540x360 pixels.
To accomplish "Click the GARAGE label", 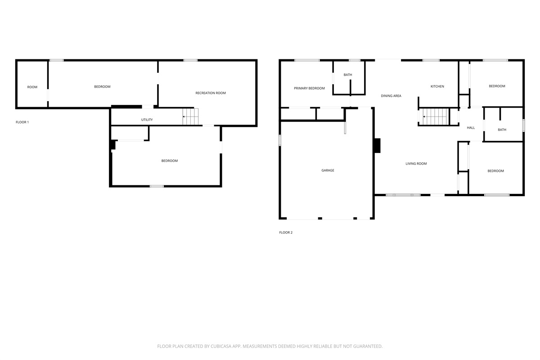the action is click(x=328, y=170).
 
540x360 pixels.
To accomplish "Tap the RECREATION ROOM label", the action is click(x=211, y=93).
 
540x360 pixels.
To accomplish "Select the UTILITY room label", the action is click(x=147, y=120).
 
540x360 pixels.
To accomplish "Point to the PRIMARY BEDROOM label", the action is click(x=309, y=88).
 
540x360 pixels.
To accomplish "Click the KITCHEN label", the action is click(x=437, y=86).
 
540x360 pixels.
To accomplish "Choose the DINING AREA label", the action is click(x=391, y=96).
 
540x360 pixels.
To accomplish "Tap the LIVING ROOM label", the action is click(x=416, y=163).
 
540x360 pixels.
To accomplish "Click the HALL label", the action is click(x=471, y=128).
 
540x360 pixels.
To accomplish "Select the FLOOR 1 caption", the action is click(x=22, y=122).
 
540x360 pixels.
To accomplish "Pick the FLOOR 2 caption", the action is click(x=286, y=233).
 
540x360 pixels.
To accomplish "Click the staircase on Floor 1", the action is click(x=190, y=117).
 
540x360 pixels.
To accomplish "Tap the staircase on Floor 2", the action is click(x=434, y=117).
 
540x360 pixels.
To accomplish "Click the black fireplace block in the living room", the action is click(x=377, y=145).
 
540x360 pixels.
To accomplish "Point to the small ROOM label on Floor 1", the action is click(x=32, y=87).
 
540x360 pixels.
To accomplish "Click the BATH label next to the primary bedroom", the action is click(x=347, y=75).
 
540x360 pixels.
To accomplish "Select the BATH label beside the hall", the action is click(x=502, y=130).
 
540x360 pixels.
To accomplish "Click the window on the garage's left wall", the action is click(x=280, y=140).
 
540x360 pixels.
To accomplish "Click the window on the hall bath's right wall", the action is click(x=524, y=126).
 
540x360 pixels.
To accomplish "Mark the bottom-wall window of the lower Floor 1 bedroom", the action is click(x=157, y=186).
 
